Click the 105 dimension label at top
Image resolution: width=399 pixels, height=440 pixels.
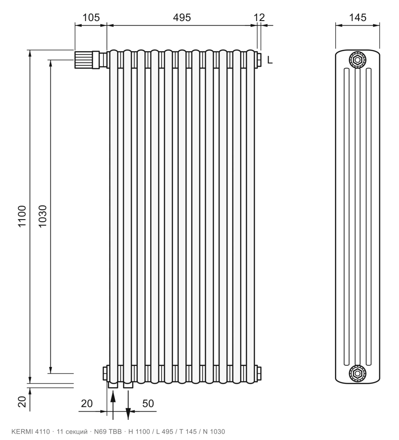coord(91,17)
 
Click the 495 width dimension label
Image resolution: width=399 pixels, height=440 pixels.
coord(182,17)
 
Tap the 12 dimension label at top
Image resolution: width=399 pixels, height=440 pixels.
coord(259,17)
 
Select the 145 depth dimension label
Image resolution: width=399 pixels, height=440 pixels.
coord(358,17)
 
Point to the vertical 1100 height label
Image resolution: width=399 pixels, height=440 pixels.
coord(22,216)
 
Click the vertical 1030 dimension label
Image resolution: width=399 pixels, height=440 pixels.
coord(42,216)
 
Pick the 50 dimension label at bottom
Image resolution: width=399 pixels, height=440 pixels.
coord(148,403)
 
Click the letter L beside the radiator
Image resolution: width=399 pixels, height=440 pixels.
coord(270,60)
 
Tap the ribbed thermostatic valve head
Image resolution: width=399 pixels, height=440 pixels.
coord(84,59)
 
